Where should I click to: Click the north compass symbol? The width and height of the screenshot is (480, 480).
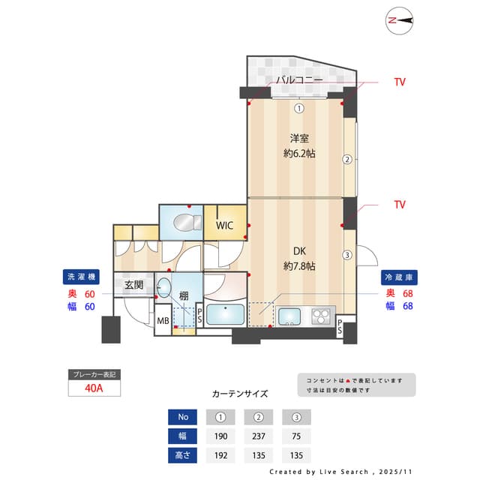[x=400, y=21]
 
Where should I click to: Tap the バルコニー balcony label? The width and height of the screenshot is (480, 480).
[x=298, y=80]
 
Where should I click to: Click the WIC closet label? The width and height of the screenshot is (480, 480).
[x=225, y=225]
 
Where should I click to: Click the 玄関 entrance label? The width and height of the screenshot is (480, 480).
[x=134, y=285]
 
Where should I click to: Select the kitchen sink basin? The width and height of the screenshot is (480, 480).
[x=289, y=316]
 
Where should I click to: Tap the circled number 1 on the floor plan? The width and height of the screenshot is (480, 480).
[x=298, y=107]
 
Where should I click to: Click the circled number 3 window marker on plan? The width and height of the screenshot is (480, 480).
[x=346, y=255]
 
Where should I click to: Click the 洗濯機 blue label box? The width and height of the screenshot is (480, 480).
[x=79, y=277]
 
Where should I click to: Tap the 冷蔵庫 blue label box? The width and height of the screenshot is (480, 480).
[x=399, y=277]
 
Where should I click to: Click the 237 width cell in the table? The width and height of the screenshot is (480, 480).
[x=258, y=436]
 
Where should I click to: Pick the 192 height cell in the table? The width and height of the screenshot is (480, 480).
[x=220, y=454]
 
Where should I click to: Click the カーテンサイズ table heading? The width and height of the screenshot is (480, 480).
[x=240, y=393]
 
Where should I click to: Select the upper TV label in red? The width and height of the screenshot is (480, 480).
[x=400, y=82]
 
